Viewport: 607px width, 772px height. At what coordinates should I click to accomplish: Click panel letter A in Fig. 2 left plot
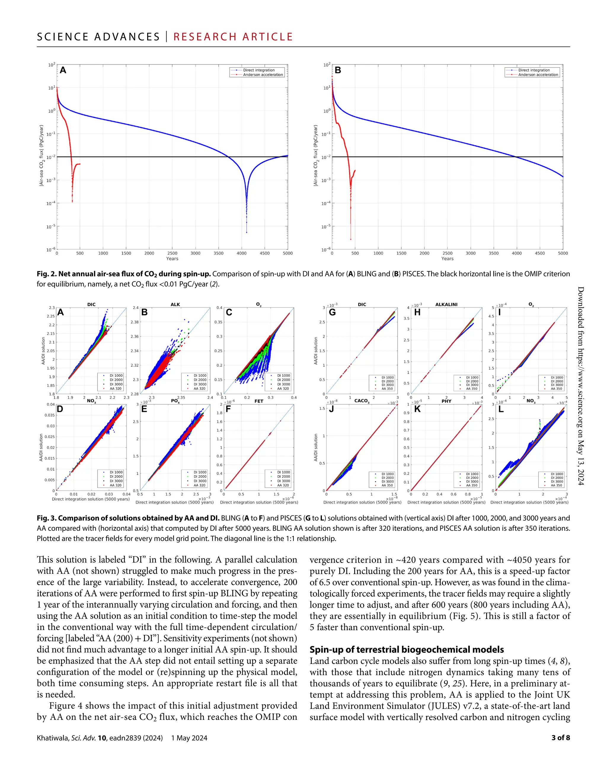pyautogui.click(x=63, y=70)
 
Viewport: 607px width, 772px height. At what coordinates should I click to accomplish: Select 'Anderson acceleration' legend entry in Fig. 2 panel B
pyautogui.click(x=538, y=75)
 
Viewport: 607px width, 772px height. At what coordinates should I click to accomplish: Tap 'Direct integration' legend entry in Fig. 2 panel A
pyautogui.click(x=259, y=70)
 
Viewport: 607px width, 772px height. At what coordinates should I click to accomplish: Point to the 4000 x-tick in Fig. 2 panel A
pyautogui.click(x=242, y=253)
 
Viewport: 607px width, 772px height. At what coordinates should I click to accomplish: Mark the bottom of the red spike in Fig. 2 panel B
pyautogui.click(x=351, y=239)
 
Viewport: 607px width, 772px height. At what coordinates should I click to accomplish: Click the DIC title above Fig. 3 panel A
pyautogui.click(x=91, y=305)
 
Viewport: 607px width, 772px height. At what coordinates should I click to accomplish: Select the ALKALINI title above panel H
pyautogui.click(x=446, y=305)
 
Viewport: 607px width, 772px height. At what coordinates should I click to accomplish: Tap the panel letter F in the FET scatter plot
pyautogui.click(x=229, y=409)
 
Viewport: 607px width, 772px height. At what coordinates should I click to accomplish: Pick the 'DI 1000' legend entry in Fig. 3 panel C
pyautogui.click(x=283, y=376)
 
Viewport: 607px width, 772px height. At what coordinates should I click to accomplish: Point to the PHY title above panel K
pyautogui.click(x=446, y=401)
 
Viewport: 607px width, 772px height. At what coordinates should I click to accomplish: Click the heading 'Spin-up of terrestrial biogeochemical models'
pyautogui.click(x=407, y=650)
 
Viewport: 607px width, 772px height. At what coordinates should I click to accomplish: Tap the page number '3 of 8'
pyautogui.click(x=560, y=738)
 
